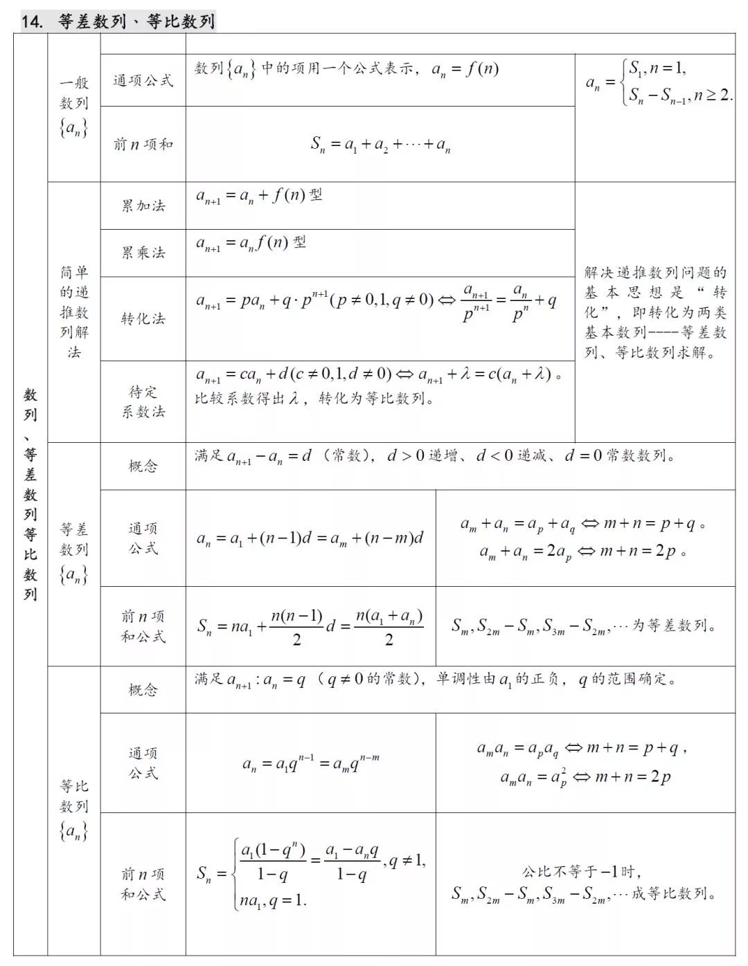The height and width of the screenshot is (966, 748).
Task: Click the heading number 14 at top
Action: point(32,21)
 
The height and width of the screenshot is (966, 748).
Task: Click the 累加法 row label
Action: point(143,206)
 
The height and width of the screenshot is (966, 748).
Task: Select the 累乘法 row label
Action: point(143,253)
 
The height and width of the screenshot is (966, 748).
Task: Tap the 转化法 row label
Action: point(143,318)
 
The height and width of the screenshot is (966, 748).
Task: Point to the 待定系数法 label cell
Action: point(143,401)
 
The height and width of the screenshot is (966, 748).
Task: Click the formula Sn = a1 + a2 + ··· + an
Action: point(380,145)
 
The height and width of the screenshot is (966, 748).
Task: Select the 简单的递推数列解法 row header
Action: point(73,311)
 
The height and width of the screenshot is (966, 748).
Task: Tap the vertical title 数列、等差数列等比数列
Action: point(30,494)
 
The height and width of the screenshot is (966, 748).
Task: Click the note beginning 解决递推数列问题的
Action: point(654,312)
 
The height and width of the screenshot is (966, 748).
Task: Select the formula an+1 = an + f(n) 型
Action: point(259,196)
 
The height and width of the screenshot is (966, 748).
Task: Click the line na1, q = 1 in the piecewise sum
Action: point(273,900)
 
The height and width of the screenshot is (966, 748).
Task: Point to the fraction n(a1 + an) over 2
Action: point(389,627)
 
